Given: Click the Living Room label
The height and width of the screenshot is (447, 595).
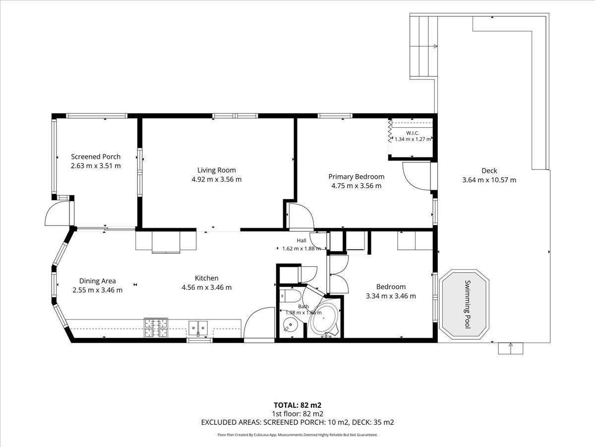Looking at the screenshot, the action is (216, 170).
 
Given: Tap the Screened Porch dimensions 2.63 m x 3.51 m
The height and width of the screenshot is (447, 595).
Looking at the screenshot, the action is (96, 166).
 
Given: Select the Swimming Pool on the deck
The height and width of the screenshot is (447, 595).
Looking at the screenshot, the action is (464, 304).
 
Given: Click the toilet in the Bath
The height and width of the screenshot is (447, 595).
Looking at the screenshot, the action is (290, 296).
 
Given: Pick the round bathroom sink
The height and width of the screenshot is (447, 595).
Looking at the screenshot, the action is (291, 325).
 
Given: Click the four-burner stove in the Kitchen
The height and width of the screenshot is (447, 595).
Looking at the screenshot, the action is (156, 328).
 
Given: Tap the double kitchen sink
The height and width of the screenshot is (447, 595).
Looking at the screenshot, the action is (198, 327).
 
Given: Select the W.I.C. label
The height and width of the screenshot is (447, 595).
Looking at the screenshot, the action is (413, 133).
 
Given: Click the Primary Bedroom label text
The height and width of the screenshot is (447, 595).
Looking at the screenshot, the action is (356, 177).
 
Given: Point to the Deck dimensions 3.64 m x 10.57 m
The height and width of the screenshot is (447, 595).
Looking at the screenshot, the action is (489, 180).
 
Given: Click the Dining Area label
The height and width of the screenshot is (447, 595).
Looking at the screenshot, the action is (97, 281).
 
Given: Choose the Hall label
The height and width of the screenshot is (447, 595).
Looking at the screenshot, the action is (301, 240).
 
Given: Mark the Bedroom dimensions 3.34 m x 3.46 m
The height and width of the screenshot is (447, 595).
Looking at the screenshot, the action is (391, 296).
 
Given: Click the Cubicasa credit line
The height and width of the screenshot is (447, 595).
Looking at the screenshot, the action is (297, 435).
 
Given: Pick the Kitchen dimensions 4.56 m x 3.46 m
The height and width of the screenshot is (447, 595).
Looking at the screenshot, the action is (207, 288).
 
